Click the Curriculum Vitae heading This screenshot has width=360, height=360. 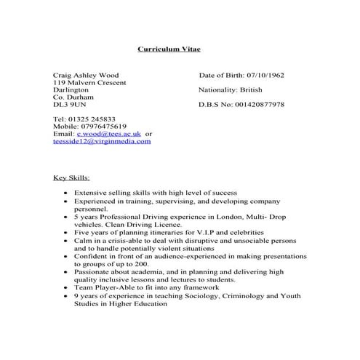169,49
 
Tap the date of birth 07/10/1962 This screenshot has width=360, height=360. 266,76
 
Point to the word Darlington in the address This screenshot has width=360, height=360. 71,90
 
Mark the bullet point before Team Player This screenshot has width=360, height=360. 66,289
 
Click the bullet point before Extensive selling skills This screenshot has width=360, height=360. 66,193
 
